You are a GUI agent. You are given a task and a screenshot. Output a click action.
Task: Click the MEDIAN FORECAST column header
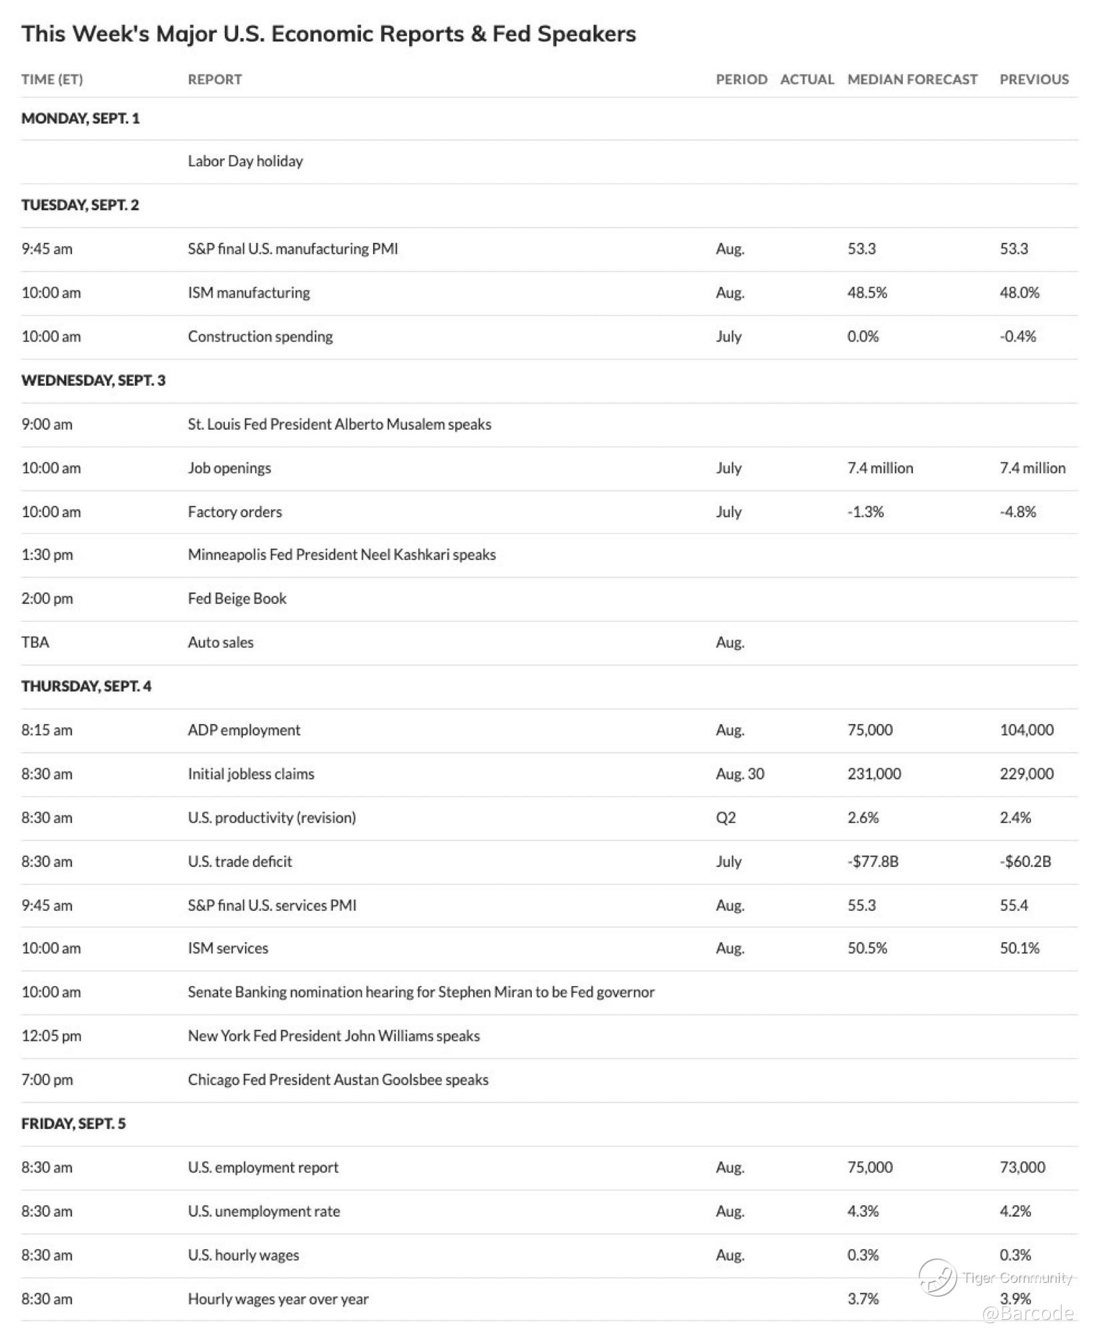click(x=912, y=79)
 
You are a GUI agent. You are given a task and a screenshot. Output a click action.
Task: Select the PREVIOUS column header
click(x=1034, y=79)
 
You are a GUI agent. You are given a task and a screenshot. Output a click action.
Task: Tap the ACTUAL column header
click(x=807, y=79)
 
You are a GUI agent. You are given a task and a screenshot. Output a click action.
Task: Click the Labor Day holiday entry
click(x=245, y=161)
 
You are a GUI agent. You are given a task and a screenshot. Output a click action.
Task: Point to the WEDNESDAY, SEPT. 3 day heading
click(x=93, y=380)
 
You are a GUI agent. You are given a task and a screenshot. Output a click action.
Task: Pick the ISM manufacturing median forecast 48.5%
click(x=867, y=292)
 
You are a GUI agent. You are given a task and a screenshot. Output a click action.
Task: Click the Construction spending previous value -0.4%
click(x=1018, y=336)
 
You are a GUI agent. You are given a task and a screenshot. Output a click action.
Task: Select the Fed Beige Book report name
click(x=237, y=599)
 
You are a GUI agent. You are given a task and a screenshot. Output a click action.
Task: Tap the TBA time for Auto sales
click(x=35, y=643)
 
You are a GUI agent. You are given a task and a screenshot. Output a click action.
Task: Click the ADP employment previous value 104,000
click(x=1026, y=730)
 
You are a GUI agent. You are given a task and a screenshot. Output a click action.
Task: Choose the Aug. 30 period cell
click(x=740, y=774)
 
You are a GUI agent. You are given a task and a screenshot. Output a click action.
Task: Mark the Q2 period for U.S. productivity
click(x=725, y=817)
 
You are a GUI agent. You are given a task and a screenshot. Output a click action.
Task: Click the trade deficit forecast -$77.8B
click(x=873, y=862)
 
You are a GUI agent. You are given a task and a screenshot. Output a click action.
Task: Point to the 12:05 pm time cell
click(x=51, y=1036)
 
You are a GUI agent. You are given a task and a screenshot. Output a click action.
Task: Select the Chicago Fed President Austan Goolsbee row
click(x=338, y=1080)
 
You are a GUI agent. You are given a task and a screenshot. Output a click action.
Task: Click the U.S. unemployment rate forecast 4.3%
click(x=863, y=1211)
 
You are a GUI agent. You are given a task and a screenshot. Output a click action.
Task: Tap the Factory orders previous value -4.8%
click(x=1018, y=512)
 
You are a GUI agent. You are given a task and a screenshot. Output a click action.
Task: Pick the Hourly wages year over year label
click(x=278, y=1299)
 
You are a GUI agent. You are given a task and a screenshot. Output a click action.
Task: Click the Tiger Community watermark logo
click(x=938, y=1277)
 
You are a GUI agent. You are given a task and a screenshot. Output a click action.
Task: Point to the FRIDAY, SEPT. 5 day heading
click(x=73, y=1124)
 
